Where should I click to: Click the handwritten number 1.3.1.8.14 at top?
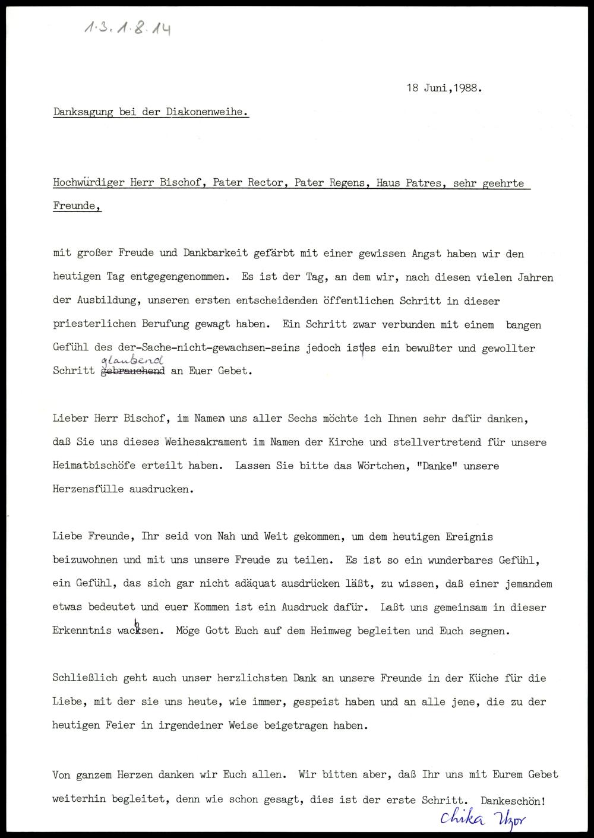(127, 26)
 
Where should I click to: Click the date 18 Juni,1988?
(444, 88)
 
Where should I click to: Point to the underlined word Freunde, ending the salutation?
(77, 206)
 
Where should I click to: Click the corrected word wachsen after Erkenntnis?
(140, 631)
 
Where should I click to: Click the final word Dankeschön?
(513, 800)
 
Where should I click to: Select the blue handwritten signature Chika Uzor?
(482, 818)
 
